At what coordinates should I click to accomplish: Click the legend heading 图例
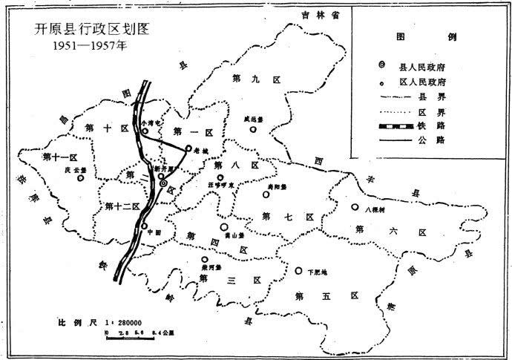[427, 36]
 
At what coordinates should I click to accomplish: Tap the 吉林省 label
[324, 14]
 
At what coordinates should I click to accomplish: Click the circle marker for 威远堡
[253, 128]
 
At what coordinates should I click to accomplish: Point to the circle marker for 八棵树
[355, 208]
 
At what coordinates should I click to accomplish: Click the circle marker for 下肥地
[298, 272]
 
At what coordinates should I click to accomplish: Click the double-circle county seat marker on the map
[163, 181]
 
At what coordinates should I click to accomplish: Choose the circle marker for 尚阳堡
[266, 195]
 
